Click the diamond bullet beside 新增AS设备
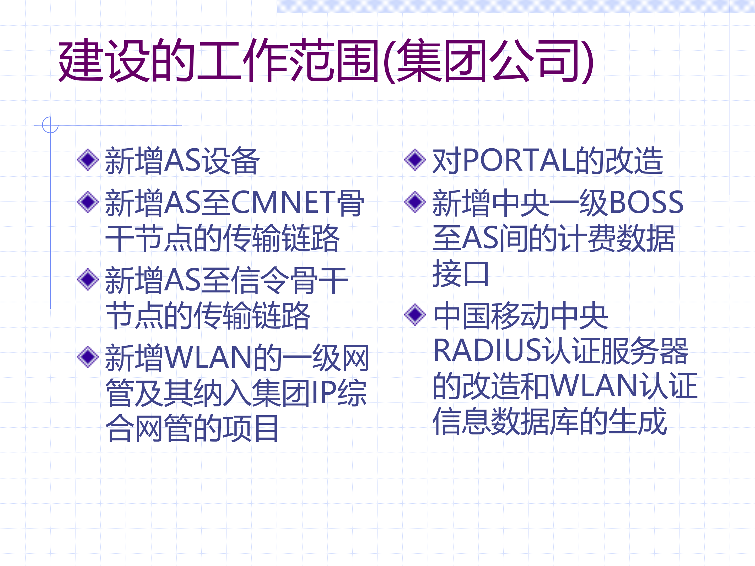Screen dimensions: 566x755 (88, 159)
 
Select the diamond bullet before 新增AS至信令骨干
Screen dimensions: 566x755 (88, 279)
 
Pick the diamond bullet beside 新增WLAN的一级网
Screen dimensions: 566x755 (88, 357)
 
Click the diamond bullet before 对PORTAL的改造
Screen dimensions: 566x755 (415, 159)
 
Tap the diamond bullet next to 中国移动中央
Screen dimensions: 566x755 (415, 314)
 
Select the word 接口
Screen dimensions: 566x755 (461, 274)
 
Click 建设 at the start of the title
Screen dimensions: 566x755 (104, 61)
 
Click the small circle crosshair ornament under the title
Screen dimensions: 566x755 (50, 125)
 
